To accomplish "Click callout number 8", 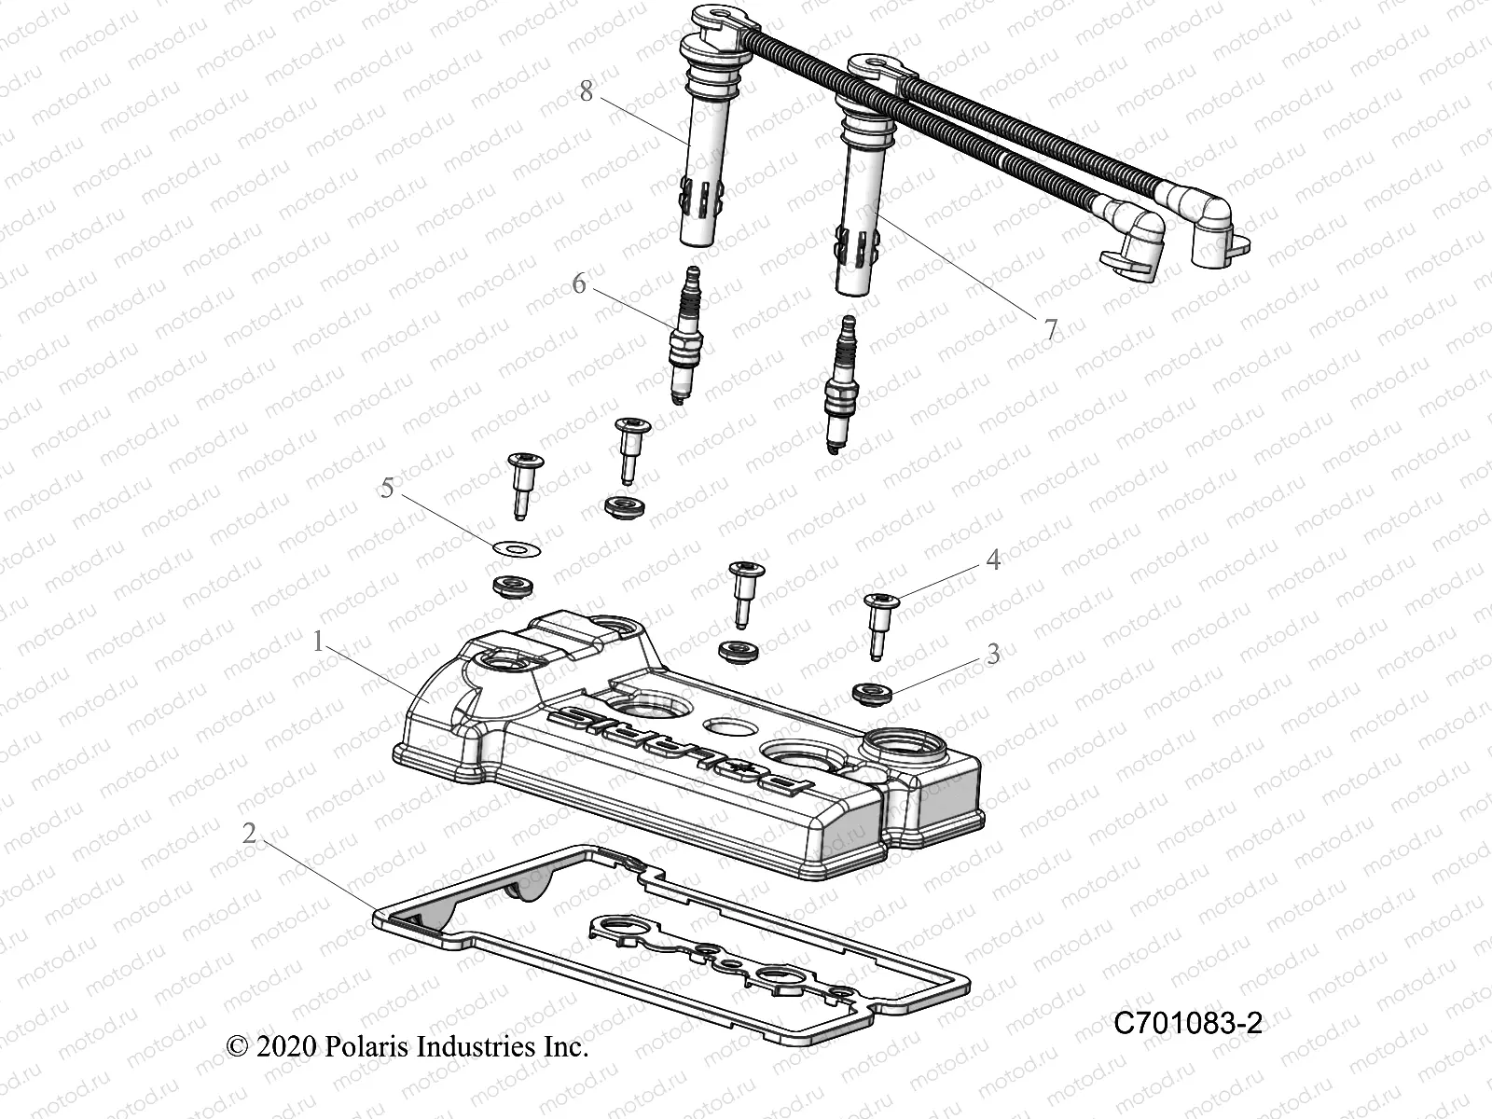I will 586,91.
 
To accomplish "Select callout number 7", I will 1051,329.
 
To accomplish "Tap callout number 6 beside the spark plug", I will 579,283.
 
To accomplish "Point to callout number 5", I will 388,489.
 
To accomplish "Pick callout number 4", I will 993,559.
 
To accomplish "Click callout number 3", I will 993,654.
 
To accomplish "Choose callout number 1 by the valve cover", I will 318,642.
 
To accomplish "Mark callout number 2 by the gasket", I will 249,833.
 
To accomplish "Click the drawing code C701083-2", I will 1188,1024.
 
